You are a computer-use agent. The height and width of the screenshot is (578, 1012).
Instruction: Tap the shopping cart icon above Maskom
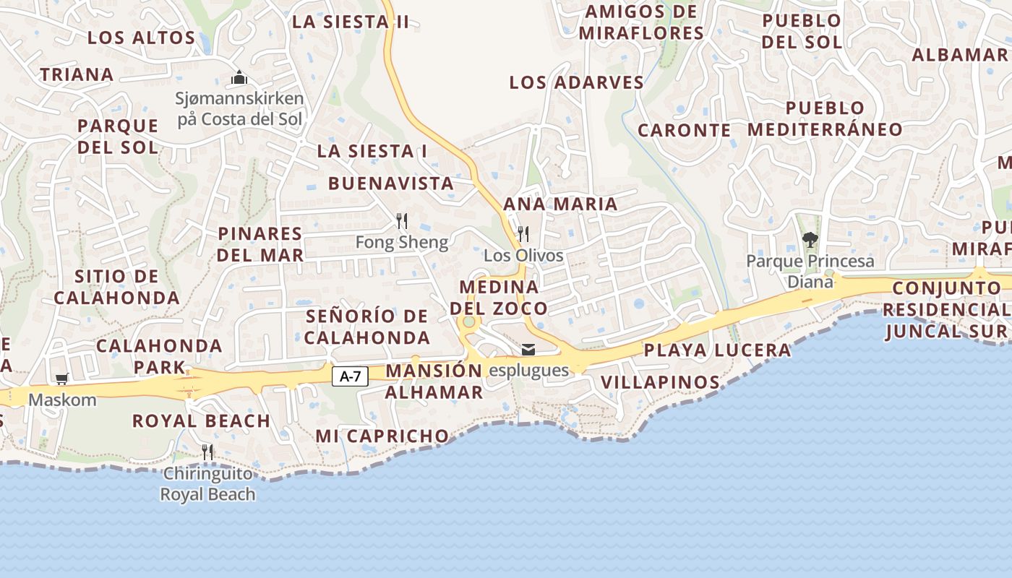click(x=62, y=379)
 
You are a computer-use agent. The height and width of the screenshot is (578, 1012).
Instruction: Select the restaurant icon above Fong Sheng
click(x=402, y=221)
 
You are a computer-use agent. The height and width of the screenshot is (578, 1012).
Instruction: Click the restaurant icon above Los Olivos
click(x=523, y=234)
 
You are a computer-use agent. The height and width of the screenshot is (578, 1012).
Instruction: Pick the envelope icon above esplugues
click(x=528, y=350)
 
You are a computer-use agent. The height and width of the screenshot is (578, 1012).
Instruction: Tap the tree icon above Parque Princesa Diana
click(x=810, y=239)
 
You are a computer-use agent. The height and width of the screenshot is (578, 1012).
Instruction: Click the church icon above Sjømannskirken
click(x=239, y=77)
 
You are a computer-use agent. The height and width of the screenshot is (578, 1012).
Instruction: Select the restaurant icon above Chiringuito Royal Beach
click(x=207, y=452)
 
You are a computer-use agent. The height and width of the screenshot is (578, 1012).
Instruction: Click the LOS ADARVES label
click(x=576, y=82)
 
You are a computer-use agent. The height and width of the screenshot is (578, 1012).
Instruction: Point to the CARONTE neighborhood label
click(x=685, y=130)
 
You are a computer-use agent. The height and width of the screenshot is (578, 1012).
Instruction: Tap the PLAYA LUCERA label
click(x=717, y=350)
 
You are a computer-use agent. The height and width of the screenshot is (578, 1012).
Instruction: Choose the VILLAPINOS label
click(x=660, y=382)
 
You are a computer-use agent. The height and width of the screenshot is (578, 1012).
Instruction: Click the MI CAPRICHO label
click(x=382, y=436)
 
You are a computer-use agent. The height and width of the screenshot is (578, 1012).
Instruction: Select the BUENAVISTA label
click(x=391, y=184)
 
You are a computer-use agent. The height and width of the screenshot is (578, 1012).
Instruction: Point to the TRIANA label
click(x=77, y=74)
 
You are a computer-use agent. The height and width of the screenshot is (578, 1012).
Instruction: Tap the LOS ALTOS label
click(x=142, y=38)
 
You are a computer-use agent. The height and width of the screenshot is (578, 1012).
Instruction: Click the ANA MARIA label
click(x=560, y=204)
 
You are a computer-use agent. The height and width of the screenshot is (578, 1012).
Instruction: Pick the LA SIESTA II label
click(x=351, y=22)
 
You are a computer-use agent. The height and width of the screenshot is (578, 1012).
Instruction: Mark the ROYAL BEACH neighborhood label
click(x=201, y=420)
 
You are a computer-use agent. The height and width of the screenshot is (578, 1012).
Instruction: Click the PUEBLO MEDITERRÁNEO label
click(x=825, y=118)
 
